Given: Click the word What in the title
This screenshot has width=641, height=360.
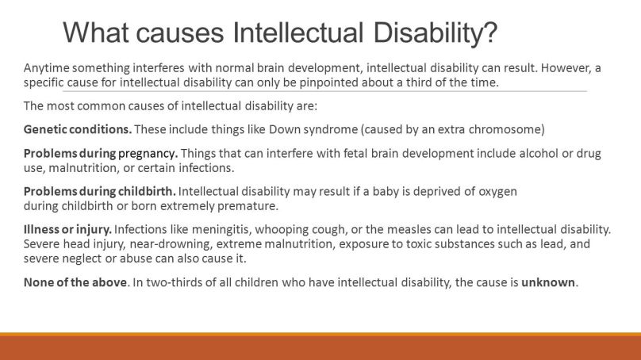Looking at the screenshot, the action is click(96, 33).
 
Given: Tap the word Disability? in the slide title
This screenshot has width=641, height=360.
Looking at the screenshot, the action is click(436, 33).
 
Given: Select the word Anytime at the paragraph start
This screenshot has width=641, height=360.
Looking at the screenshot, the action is click(47, 68).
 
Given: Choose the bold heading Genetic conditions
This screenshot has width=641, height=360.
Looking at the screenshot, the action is click(78, 129).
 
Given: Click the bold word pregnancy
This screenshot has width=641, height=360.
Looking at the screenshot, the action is click(148, 154).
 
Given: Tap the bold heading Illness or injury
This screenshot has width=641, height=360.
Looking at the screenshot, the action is click(67, 229).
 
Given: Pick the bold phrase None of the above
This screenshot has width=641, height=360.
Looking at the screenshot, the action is click(75, 282).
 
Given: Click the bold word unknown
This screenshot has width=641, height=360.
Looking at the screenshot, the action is click(548, 282).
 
